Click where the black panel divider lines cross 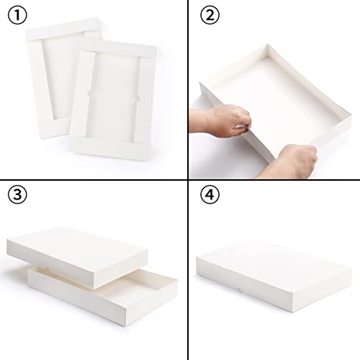click(x=179, y=179)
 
